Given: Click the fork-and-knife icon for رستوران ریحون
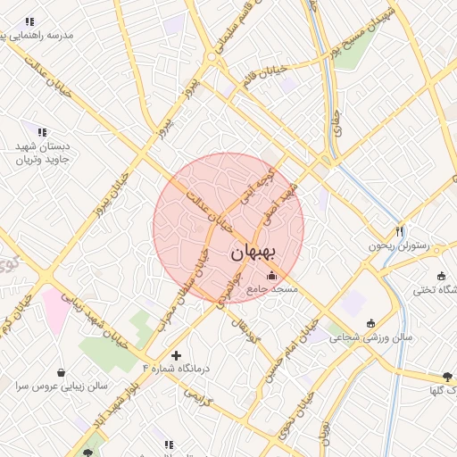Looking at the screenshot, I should (x=400, y=230).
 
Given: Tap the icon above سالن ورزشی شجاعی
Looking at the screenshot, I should (x=370, y=323).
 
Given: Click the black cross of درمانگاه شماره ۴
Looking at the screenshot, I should (x=176, y=355).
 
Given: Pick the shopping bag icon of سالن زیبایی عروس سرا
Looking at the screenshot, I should (x=61, y=372).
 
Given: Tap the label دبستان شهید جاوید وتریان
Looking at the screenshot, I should (x=47, y=153).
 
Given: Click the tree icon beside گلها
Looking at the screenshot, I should (x=447, y=377).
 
